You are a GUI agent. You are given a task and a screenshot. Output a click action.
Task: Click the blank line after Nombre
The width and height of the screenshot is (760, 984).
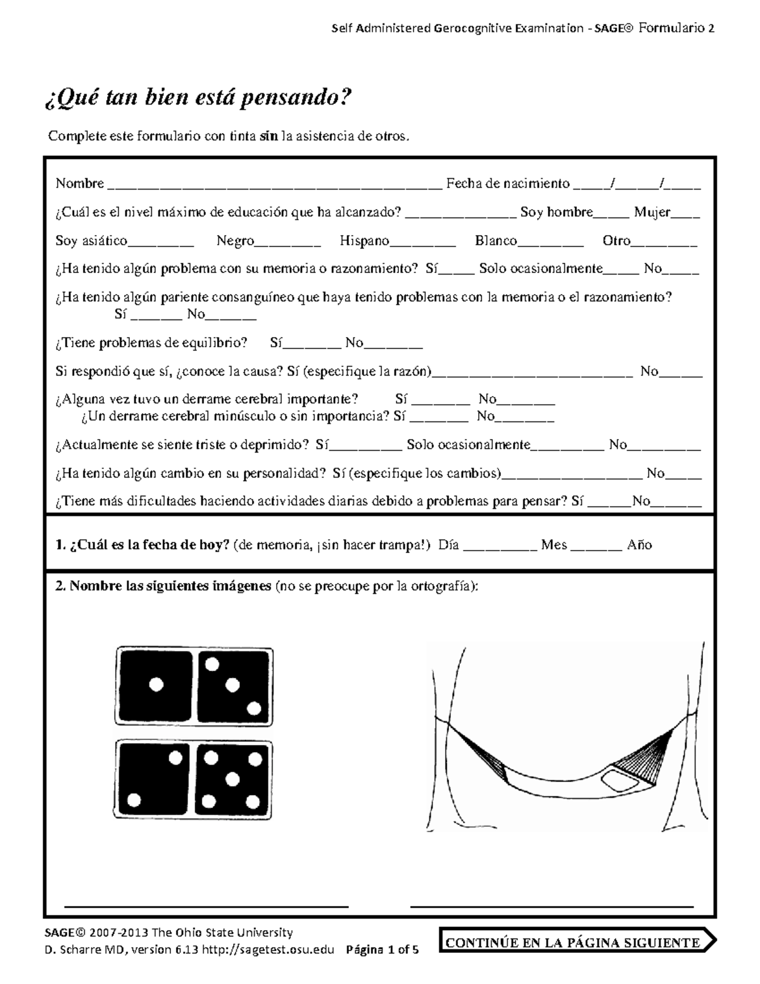[275, 185]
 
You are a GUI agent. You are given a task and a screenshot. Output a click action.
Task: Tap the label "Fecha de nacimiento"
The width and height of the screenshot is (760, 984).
[508, 184]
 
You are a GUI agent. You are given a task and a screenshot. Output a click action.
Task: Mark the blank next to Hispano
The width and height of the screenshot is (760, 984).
[422, 242]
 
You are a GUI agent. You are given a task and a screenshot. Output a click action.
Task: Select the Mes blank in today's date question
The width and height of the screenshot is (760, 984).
[596, 546]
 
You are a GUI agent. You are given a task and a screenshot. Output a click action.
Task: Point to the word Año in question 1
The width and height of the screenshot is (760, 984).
[639, 545]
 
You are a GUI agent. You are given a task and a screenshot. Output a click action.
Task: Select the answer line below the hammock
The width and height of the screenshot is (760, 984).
[552, 904]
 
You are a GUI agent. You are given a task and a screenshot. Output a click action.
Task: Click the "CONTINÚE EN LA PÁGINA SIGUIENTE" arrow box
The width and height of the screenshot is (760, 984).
[577, 942]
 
